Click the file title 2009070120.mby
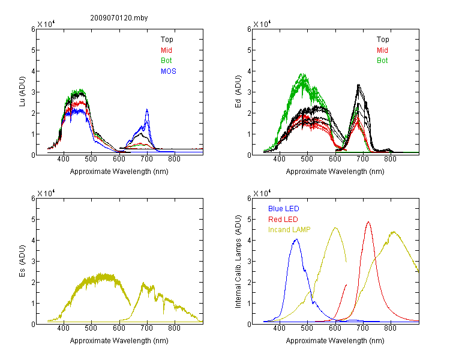tap(119, 18)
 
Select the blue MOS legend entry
tap(169, 71)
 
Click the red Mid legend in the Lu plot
tap(166, 50)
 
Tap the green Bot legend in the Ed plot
tap(382, 61)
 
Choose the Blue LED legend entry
tap(284, 209)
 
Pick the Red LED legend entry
tap(283, 220)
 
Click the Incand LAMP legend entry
tap(289, 230)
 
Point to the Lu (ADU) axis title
tap(22, 92)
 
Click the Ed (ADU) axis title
tap(238, 92)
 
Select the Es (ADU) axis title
tap(22, 260)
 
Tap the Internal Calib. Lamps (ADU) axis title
tap(238, 262)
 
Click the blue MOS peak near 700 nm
tap(147, 109)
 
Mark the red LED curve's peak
tap(368, 222)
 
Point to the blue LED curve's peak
tap(296, 239)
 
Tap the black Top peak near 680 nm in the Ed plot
tap(358, 85)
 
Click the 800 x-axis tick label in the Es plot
tap(174, 328)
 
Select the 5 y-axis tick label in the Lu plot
tap(33, 50)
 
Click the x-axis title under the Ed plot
tap(335, 172)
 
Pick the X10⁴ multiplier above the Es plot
tap(46, 193)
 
